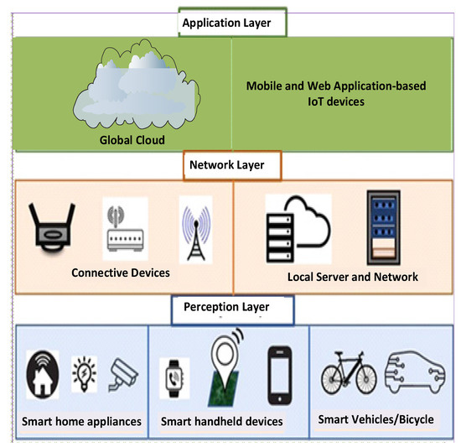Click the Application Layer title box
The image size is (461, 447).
(x=234, y=23)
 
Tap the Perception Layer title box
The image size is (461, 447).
(x=233, y=309)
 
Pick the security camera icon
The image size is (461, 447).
(x=123, y=377)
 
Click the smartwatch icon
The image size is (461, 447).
(x=174, y=377)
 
